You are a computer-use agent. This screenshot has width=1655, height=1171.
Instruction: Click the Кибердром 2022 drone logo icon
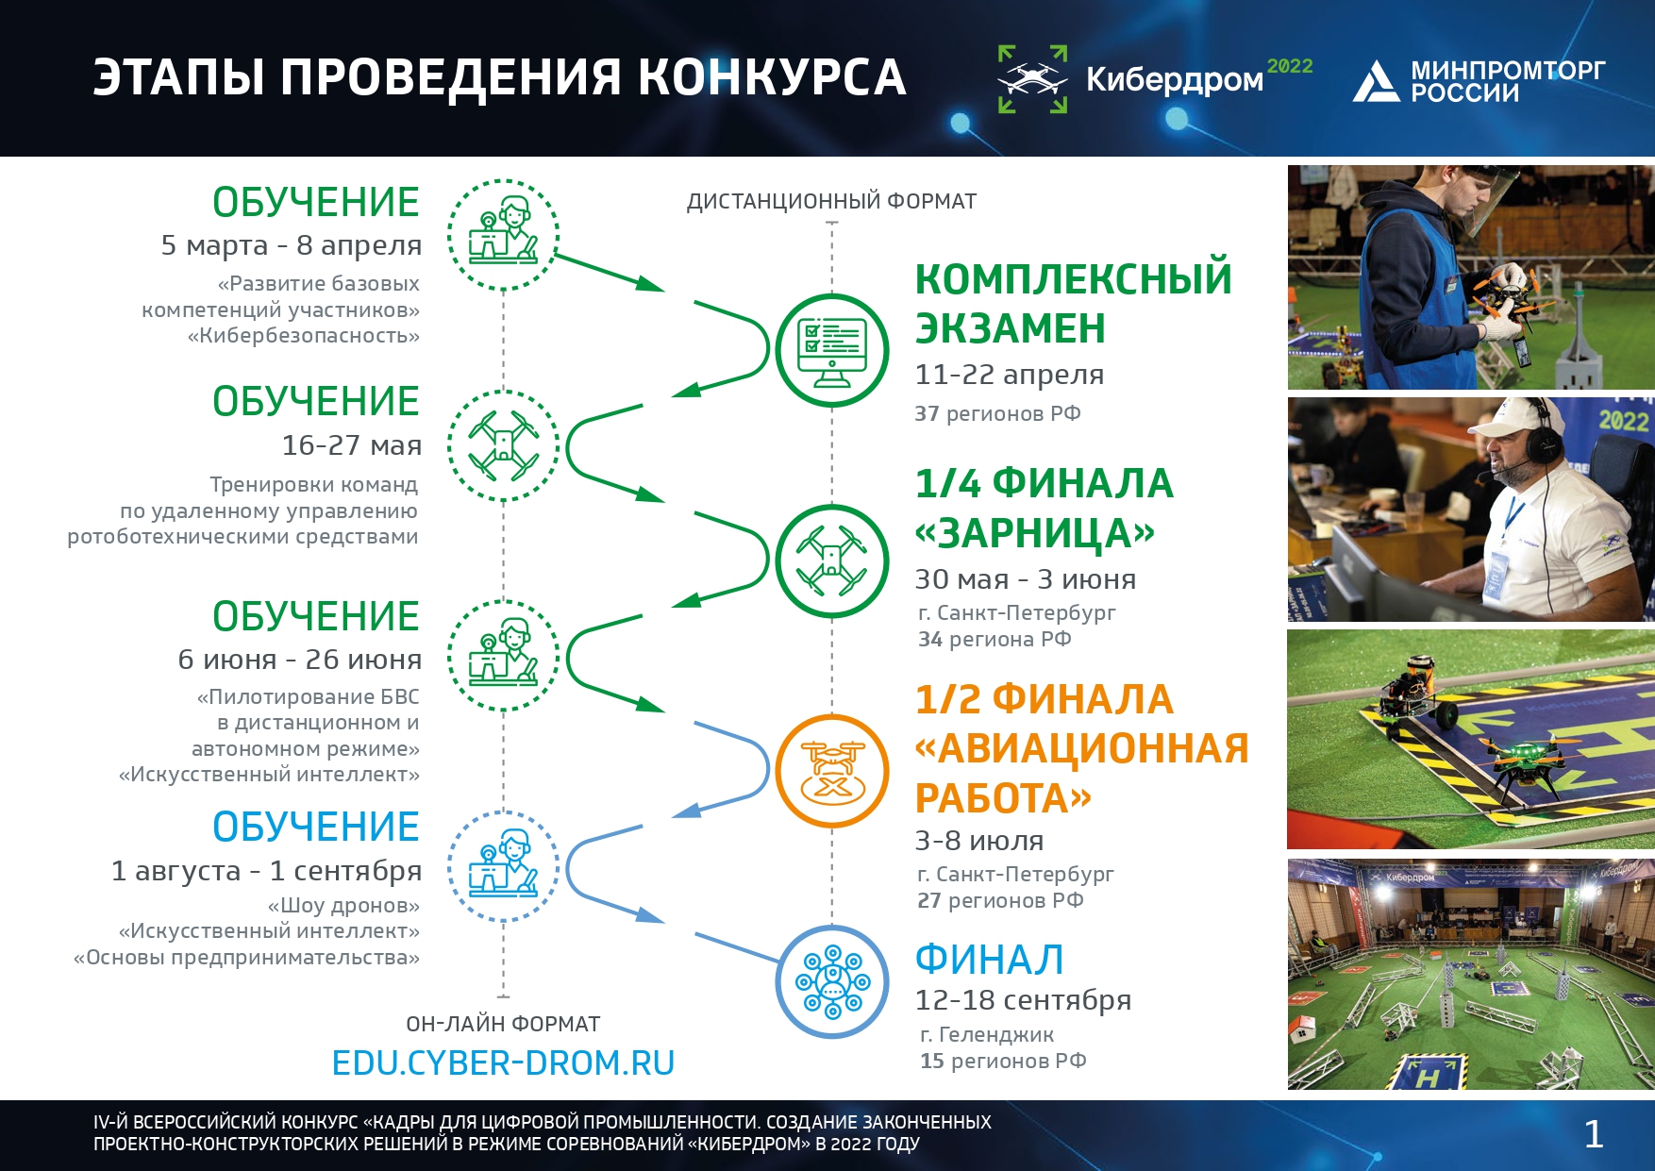pyautogui.click(x=1033, y=79)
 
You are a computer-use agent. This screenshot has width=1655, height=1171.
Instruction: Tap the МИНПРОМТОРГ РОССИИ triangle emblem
pyautogui.click(x=1376, y=81)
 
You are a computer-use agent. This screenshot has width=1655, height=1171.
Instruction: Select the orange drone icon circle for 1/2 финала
pyautogui.click(x=832, y=772)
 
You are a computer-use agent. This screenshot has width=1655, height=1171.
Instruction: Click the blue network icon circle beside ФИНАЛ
pyautogui.click(x=832, y=982)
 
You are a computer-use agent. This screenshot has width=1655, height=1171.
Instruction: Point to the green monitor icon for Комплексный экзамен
pyautogui.click(x=832, y=350)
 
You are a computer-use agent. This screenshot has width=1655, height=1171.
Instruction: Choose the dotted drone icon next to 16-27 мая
pyautogui.click(x=504, y=444)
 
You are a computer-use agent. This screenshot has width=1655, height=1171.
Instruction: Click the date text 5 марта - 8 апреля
pyautogui.click(x=292, y=245)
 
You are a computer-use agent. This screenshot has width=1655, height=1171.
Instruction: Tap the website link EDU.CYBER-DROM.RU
pyautogui.click(x=503, y=1063)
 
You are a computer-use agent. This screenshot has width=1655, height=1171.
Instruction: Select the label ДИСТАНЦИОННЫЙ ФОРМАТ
pyautogui.click(x=831, y=201)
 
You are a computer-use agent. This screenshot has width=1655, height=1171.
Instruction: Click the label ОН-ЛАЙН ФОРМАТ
pyautogui.click(x=503, y=1024)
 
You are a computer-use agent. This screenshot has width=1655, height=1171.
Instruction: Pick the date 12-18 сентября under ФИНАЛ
pyautogui.click(x=1023, y=1000)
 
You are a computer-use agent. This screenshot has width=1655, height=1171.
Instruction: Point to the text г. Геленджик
pyautogui.click(x=987, y=1035)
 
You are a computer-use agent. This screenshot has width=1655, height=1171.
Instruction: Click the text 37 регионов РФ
pyautogui.click(x=997, y=413)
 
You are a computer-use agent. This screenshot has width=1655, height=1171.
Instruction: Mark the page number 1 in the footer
pyautogui.click(x=1594, y=1134)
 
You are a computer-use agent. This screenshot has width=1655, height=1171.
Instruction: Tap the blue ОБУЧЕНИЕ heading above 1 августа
pyautogui.click(x=315, y=827)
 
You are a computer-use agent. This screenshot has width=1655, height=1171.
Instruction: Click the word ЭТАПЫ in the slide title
pyautogui.click(x=178, y=77)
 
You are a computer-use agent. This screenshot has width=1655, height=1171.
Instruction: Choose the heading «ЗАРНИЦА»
pyautogui.click(x=1035, y=533)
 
